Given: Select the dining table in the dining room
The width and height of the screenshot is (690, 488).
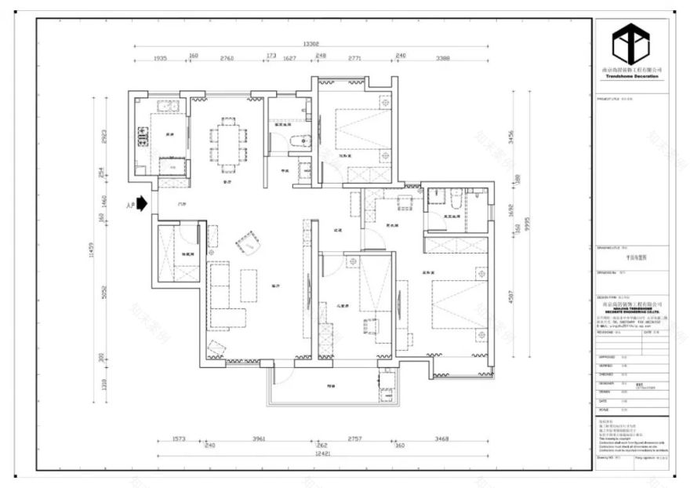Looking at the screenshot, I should click(x=227, y=144).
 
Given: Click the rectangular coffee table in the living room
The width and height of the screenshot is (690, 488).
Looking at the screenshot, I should click(x=249, y=286).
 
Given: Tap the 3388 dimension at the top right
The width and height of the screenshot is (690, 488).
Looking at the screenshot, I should click(x=442, y=58).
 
